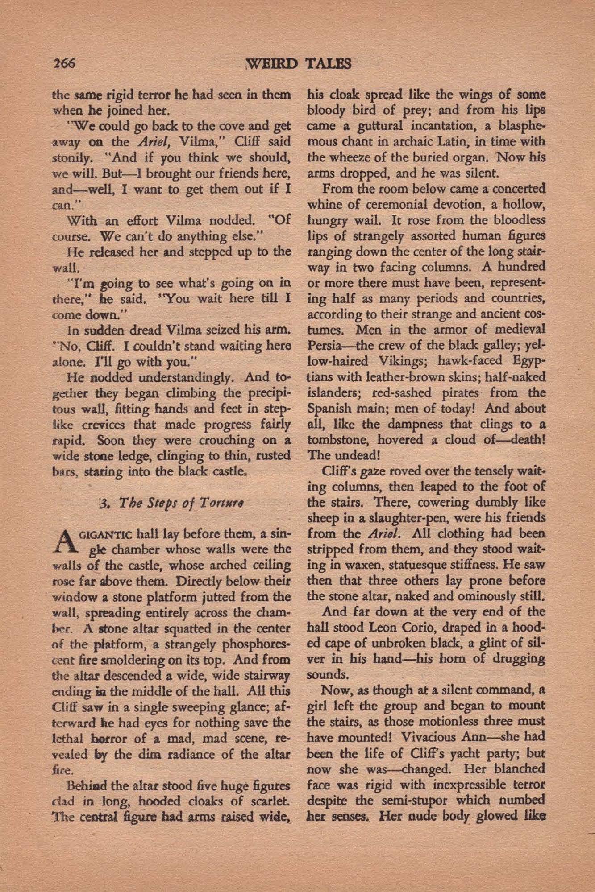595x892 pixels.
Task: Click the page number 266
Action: click(63, 63)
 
